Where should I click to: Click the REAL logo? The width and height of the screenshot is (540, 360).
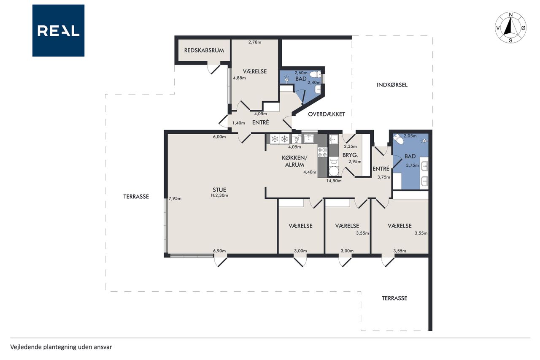(58, 31)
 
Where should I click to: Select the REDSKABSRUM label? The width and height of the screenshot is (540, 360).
(204, 50)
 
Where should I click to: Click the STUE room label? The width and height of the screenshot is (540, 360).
(219, 190)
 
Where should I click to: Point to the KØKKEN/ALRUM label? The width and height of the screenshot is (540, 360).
(294, 161)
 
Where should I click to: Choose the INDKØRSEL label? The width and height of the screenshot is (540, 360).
(392, 85)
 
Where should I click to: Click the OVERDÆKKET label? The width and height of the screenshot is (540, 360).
(327, 114)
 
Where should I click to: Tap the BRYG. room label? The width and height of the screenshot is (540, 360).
(350, 155)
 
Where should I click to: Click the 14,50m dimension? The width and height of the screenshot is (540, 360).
(334, 181)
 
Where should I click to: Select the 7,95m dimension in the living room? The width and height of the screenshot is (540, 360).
(175, 199)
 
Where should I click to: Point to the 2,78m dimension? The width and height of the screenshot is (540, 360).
(255, 42)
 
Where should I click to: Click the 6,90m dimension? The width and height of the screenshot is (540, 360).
(219, 251)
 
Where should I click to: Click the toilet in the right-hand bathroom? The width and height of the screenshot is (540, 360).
(398, 139)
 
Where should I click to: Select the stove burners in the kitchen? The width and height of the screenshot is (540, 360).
(322, 152)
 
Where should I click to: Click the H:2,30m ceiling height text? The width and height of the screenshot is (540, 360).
(219, 195)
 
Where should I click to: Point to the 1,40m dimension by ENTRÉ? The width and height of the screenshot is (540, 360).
(238, 123)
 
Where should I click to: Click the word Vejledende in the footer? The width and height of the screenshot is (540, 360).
(26, 347)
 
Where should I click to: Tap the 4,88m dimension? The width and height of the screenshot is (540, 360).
(239, 78)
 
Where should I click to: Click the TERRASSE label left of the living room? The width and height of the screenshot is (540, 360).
(136, 197)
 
